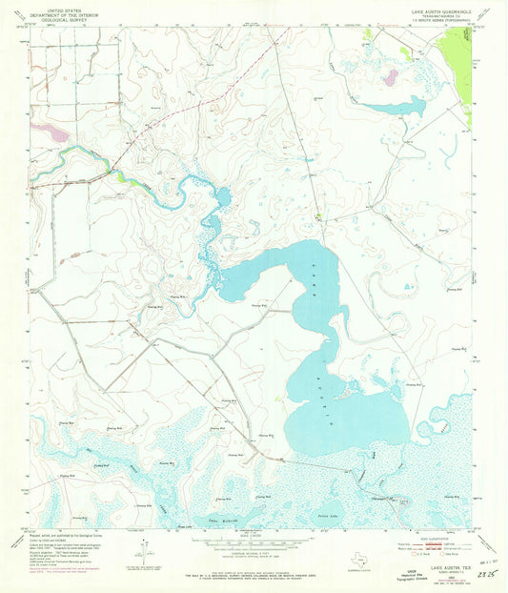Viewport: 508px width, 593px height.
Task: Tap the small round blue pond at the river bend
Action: tap(223, 197)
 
